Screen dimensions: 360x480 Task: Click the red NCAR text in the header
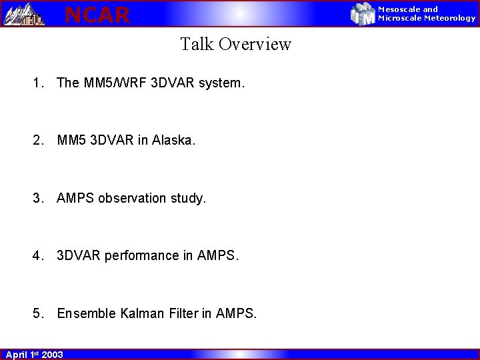click(97, 15)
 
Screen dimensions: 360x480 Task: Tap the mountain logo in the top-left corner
click(24, 14)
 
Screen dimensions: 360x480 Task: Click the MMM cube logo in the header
click(363, 14)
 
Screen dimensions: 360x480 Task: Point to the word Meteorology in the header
click(450, 18)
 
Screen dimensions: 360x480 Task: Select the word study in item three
click(188, 198)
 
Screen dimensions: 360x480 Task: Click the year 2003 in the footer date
click(52, 355)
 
